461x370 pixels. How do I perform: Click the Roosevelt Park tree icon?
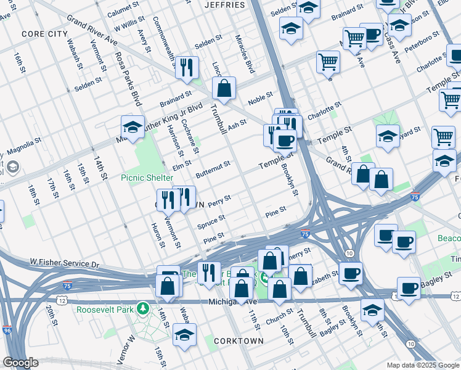click(x=143, y=307)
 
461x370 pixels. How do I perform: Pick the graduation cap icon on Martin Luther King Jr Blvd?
click(x=133, y=128)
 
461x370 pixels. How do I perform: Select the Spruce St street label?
click(x=211, y=221)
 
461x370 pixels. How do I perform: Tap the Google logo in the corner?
click(x=20, y=363)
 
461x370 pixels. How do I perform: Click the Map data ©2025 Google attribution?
click(x=422, y=365)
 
